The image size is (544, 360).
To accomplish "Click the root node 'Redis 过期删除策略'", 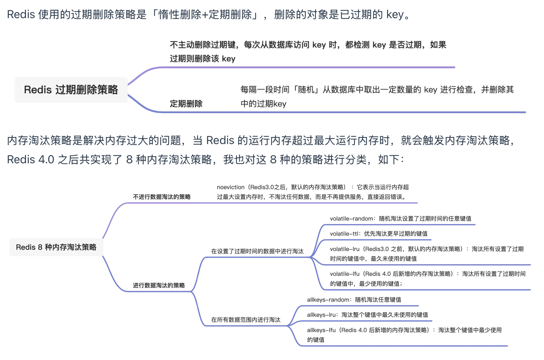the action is pos(71,90).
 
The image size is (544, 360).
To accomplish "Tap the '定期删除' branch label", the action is pos(186,104).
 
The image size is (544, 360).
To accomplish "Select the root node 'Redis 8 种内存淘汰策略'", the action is pos(56,247).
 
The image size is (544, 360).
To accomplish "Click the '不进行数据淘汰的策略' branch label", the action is pos(162,197).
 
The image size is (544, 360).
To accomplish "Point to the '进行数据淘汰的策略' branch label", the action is pos(159,285).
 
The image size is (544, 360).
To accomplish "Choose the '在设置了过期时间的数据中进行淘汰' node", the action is pos(257,251).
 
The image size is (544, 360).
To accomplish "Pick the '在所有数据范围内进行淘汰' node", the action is pos(246,320).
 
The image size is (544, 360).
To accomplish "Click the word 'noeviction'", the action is pos(230,187).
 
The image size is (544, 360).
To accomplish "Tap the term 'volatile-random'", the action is pos(351,218).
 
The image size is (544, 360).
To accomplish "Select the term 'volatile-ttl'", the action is pos(344,234).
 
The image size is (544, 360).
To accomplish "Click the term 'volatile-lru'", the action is pos(345,249).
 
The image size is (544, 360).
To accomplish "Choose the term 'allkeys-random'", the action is pos(328,300).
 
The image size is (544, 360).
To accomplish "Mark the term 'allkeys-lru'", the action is pos(321,315).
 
